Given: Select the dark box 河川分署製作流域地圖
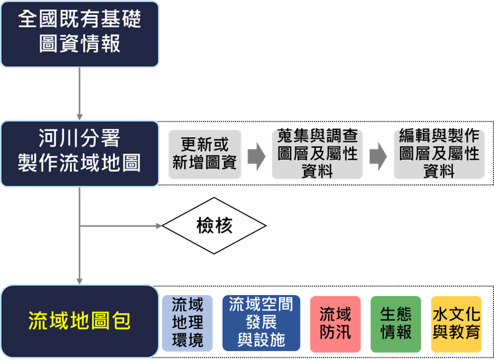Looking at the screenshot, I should point(79,153).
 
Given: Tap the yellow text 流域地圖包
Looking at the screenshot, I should point(79,321).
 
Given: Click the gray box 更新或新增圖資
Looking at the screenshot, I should point(205,154).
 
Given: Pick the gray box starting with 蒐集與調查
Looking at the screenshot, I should point(317,154).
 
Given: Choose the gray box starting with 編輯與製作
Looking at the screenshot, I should point(439,154).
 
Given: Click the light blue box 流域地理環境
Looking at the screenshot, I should point(187,323).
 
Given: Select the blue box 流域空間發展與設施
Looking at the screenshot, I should point(261,323).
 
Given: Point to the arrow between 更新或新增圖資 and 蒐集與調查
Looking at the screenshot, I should point(256,156).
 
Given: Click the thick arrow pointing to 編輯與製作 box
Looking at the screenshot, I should point(378,156).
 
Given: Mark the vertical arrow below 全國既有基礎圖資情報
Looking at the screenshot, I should point(79,93).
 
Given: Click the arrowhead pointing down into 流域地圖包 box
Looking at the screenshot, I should point(79,280).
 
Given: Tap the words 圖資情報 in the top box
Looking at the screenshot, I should point(79,43).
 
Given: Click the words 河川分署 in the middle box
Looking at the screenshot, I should point(79,139).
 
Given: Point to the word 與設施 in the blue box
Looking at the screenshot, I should point(261,340).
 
